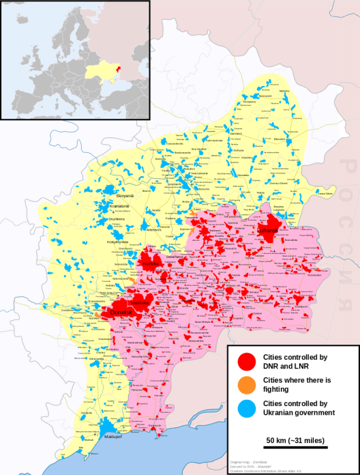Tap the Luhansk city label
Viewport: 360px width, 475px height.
click(x=269, y=231)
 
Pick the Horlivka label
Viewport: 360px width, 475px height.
click(x=151, y=262)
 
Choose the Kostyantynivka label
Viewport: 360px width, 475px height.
click(x=118, y=242)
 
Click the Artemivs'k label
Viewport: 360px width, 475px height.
click(x=167, y=231)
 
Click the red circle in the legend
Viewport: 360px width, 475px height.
click(x=246, y=361)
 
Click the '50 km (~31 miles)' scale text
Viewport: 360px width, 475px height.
click(x=295, y=437)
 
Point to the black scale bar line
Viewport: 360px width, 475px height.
click(x=295, y=447)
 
